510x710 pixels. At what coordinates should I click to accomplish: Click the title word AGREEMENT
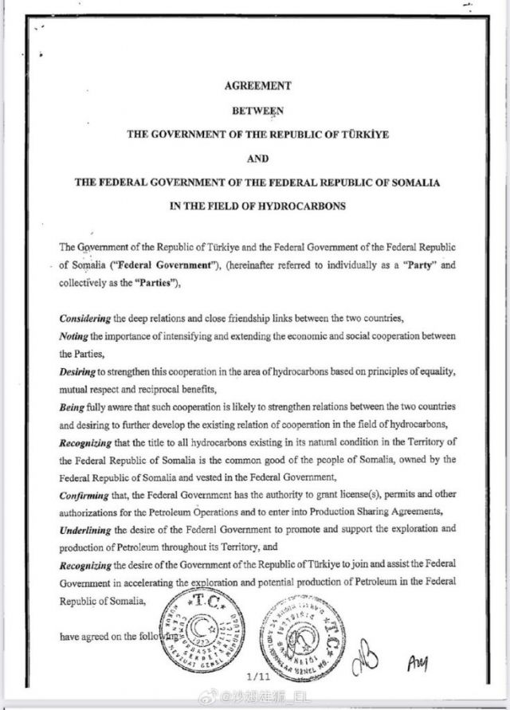point(257,85)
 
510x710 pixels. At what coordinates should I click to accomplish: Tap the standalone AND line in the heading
point(257,158)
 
